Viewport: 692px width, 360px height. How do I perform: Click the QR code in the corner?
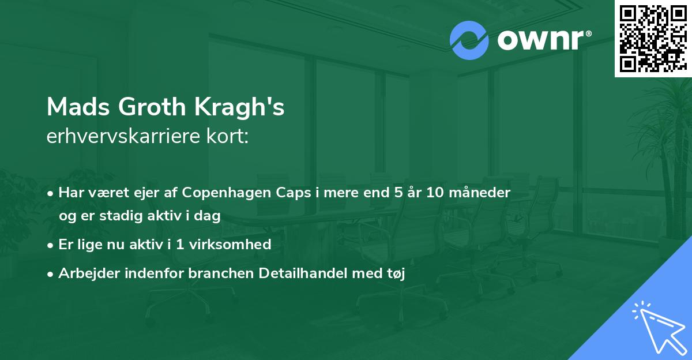(653, 39)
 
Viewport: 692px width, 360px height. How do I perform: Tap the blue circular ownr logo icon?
(469, 40)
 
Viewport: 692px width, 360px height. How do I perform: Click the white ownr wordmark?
(544, 40)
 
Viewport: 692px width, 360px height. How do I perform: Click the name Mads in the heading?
(78, 107)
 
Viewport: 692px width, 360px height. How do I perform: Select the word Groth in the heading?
(152, 107)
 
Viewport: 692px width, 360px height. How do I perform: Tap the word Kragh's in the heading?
(239, 107)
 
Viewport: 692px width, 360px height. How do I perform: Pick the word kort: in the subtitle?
(228, 136)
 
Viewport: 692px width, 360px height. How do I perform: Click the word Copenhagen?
(227, 193)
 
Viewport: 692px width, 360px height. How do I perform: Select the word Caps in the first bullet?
(294, 193)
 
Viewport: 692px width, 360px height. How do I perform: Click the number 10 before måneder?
(435, 193)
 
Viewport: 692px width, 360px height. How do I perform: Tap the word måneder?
(479, 192)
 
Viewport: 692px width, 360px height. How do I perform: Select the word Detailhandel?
(303, 273)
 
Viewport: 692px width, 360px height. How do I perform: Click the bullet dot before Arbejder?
(50, 274)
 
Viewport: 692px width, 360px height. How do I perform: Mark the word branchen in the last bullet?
(221, 273)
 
